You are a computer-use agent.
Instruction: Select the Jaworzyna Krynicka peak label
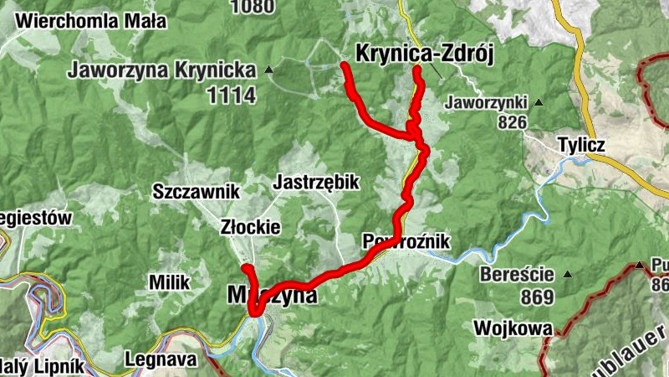tap(166, 70)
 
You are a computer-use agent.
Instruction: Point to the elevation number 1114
tap(232, 95)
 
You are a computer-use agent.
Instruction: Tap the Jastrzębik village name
tap(316, 182)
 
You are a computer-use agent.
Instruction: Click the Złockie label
tap(250, 227)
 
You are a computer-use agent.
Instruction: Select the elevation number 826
tap(511, 122)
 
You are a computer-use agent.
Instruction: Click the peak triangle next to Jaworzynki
tap(539, 102)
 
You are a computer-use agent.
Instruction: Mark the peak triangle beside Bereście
tap(568, 274)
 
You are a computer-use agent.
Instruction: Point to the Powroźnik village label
tap(407, 242)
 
